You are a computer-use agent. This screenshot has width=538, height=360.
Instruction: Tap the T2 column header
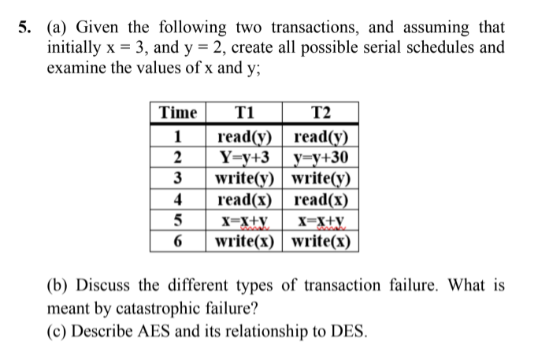pos(321,113)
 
